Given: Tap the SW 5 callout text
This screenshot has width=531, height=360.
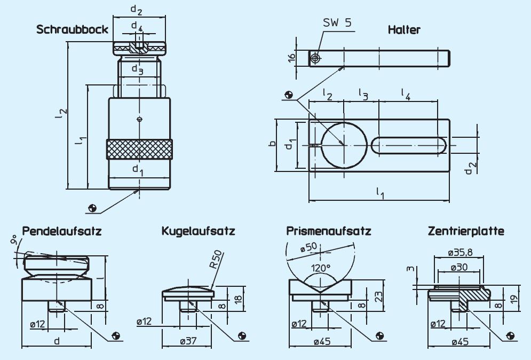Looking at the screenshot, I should point(338,22).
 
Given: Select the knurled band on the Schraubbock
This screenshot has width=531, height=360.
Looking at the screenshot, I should point(139,149).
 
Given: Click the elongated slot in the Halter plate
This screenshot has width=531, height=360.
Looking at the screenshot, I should point(408,146).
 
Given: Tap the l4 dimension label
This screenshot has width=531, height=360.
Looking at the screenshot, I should point(406,95).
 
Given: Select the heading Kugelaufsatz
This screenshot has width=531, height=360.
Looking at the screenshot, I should point(198,231).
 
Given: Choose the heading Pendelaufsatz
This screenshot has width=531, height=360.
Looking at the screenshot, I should point(62,231).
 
